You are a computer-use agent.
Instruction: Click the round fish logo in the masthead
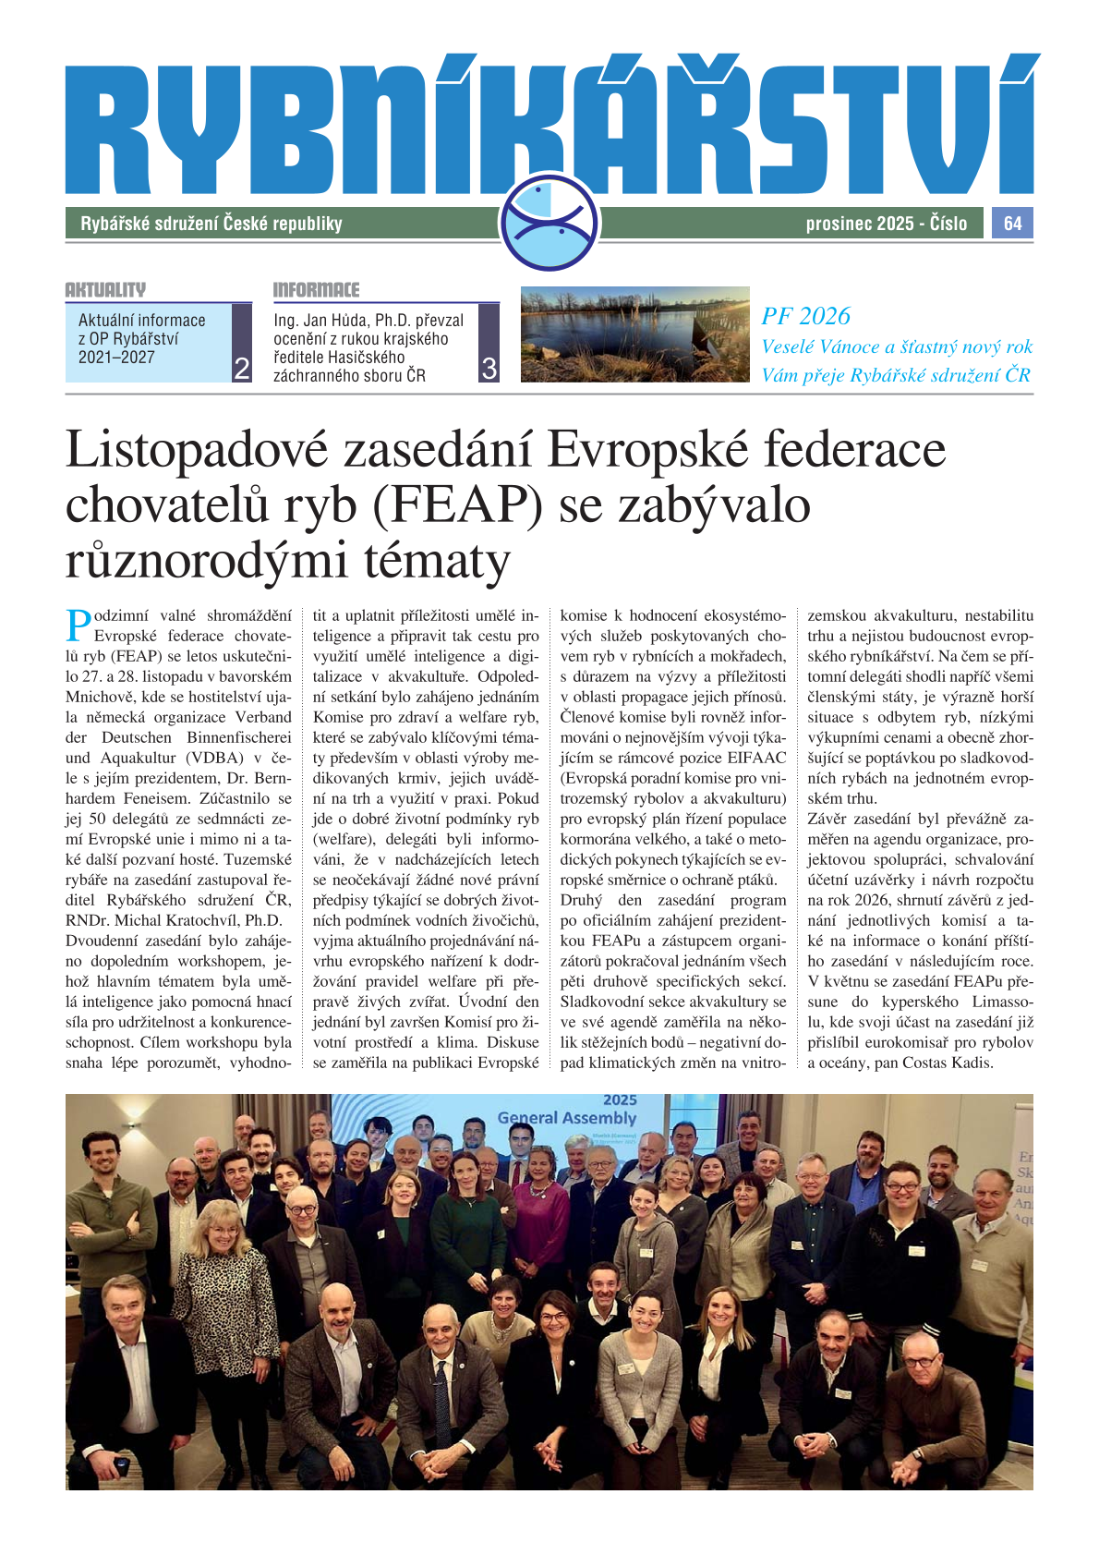pos(549,223)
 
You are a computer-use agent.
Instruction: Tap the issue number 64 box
pos(1012,224)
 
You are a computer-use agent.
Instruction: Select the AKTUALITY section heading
pos(105,290)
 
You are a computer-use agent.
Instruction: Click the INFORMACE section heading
pos(316,290)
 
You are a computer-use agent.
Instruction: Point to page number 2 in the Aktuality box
pos(242,369)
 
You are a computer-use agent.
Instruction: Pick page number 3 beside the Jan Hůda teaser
pos(489,369)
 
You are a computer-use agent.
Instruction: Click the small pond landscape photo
pos(634,334)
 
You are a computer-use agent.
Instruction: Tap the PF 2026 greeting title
pos(805,316)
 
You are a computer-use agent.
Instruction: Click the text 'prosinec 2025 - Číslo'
pos(886,224)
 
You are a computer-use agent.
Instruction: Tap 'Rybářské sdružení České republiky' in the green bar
pos(211,224)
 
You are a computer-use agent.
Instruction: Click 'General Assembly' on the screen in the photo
pos(566,1118)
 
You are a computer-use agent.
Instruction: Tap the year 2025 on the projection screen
pos(620,1100)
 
